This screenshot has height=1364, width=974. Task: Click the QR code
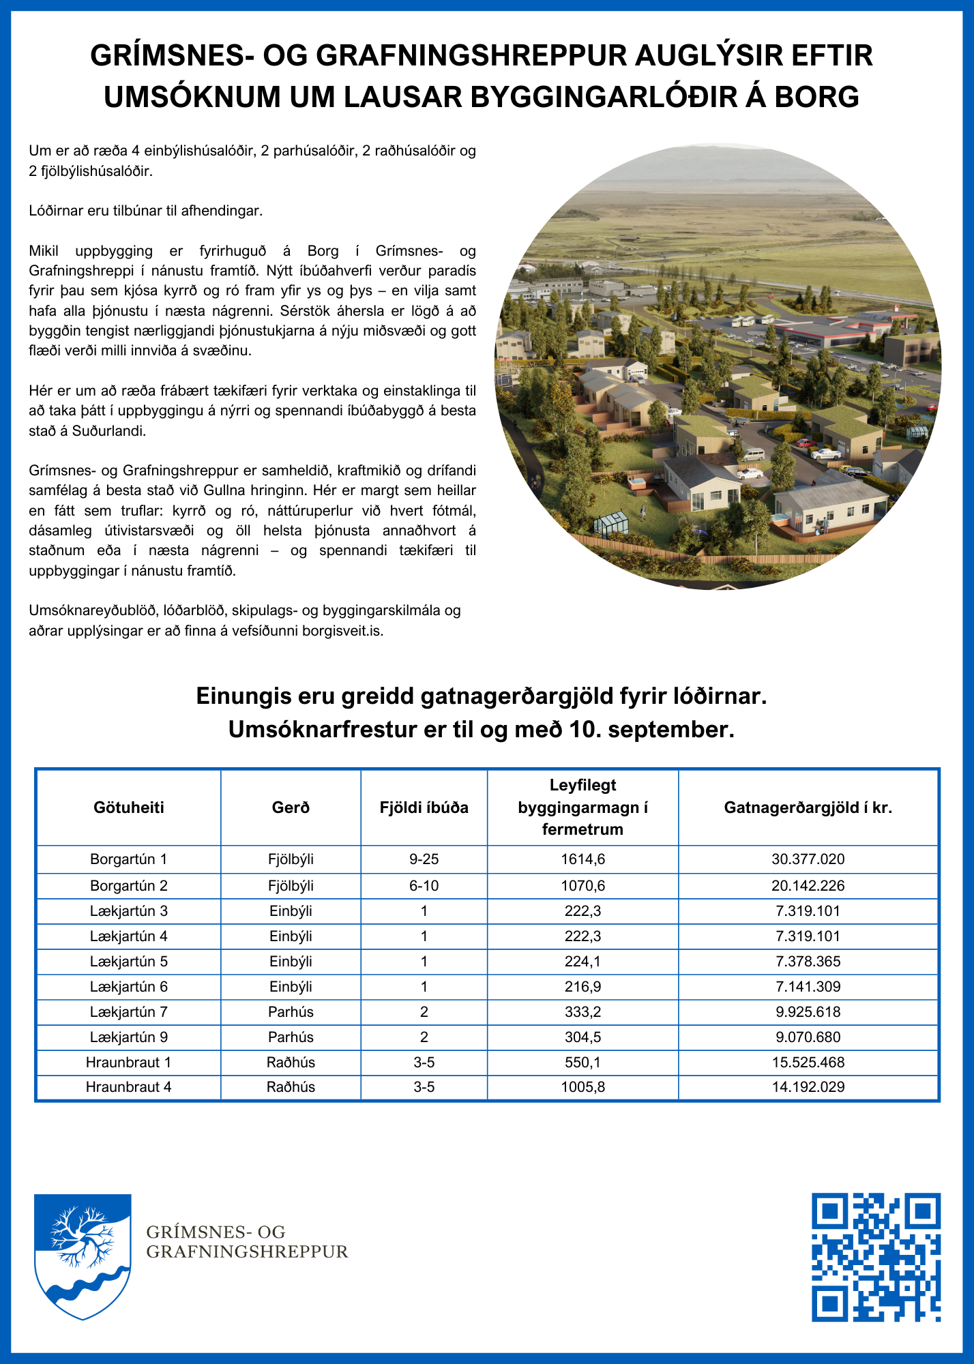click(x=876, y=1257)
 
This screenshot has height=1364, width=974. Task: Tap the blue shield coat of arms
click(x=83, y=1255)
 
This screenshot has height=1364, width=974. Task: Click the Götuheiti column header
click(x=129, y=808)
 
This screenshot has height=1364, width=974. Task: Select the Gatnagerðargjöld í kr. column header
click(x=808, y=808)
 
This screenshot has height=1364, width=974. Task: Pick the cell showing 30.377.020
click(x=808, y=859)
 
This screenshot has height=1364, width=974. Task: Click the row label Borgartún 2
click(x=129, y=886)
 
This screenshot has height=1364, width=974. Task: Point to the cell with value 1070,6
click(x=583, y=886)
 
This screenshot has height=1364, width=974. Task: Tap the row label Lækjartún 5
click(x=129, y=962)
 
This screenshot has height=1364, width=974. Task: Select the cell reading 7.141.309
click(x=808, y=987)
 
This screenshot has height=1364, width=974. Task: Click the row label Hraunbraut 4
click(x=129, y=1087)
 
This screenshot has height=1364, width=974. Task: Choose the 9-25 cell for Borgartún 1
click(x=424, y=859)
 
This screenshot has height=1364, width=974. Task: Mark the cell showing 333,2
click(x=583, y=1012)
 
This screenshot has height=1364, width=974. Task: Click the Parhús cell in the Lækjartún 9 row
click(x=291, y=1037)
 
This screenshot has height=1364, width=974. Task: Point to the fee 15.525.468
click(x=808, y=1063)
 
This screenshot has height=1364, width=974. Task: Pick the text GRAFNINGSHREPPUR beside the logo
click(x=248, y=1252)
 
